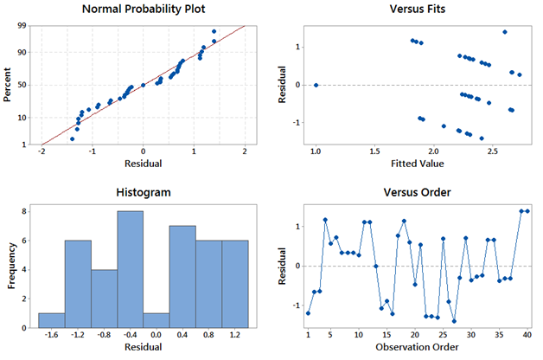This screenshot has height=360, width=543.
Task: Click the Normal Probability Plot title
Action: [x=143, y=10]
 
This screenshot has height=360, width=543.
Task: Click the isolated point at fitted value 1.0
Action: [x=316, y=85]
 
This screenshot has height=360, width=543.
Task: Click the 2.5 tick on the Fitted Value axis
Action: [x=494, y=152]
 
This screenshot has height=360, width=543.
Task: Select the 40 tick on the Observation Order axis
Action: [x=527, y=334]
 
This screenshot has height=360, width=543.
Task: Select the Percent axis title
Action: [x=9, y=85]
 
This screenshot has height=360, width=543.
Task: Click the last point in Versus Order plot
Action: [x=527, y=211]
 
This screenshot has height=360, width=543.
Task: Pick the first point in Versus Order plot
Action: [x=308, y=312]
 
